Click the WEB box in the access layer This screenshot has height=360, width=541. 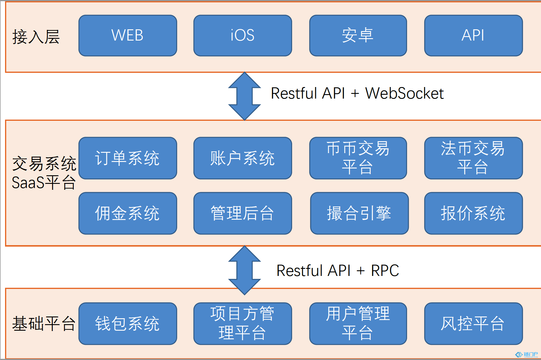(x=128, y=36)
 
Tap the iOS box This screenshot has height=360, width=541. (x=243, y=36)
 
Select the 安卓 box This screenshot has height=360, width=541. (x=358, y=36)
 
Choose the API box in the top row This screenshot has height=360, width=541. (x=473, y=36)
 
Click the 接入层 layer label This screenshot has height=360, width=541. (x=36, y=37)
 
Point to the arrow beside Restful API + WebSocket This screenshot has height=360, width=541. (x=244, y=96)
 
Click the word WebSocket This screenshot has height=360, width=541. (x=404, y=94)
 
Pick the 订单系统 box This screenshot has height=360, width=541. (x=128, y=158)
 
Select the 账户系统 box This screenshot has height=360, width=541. (x=243, y=158)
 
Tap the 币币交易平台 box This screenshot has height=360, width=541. (x=358, y=158)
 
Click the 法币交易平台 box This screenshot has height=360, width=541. (x=473, y=158)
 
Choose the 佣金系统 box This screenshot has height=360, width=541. (x=128, y=213)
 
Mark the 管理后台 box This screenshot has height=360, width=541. (x=243, y=213)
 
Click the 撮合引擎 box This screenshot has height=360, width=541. (x=359, y=213)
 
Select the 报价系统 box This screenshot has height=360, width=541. (x=473, y=213)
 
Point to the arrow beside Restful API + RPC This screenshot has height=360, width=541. (x=244, y=270)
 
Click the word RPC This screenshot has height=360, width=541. (x=385, y=271)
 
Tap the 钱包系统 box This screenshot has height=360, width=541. (x=128, y=323)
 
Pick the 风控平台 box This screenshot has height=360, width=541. (x=473, y=323)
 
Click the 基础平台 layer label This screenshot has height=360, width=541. (x=44, y=323)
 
